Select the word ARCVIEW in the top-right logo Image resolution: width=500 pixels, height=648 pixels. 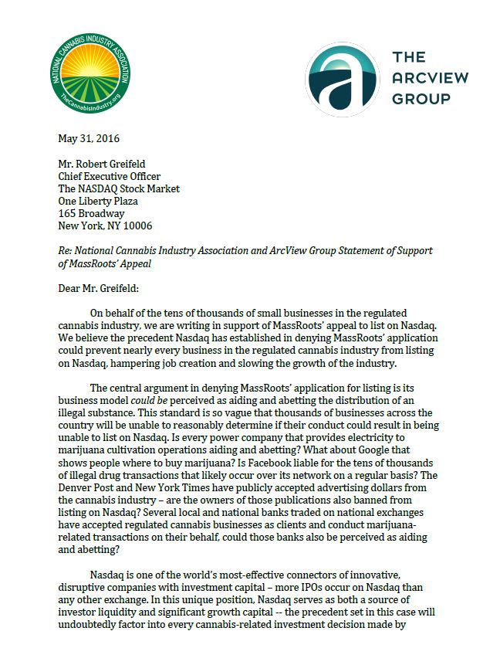[431, 77]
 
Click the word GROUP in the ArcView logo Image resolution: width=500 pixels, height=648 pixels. [421, 98]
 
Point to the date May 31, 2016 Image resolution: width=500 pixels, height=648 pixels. [89, 139]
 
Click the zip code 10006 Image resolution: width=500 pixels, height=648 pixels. [136, 226]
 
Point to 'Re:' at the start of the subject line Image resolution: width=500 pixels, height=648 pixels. [66, 252]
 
